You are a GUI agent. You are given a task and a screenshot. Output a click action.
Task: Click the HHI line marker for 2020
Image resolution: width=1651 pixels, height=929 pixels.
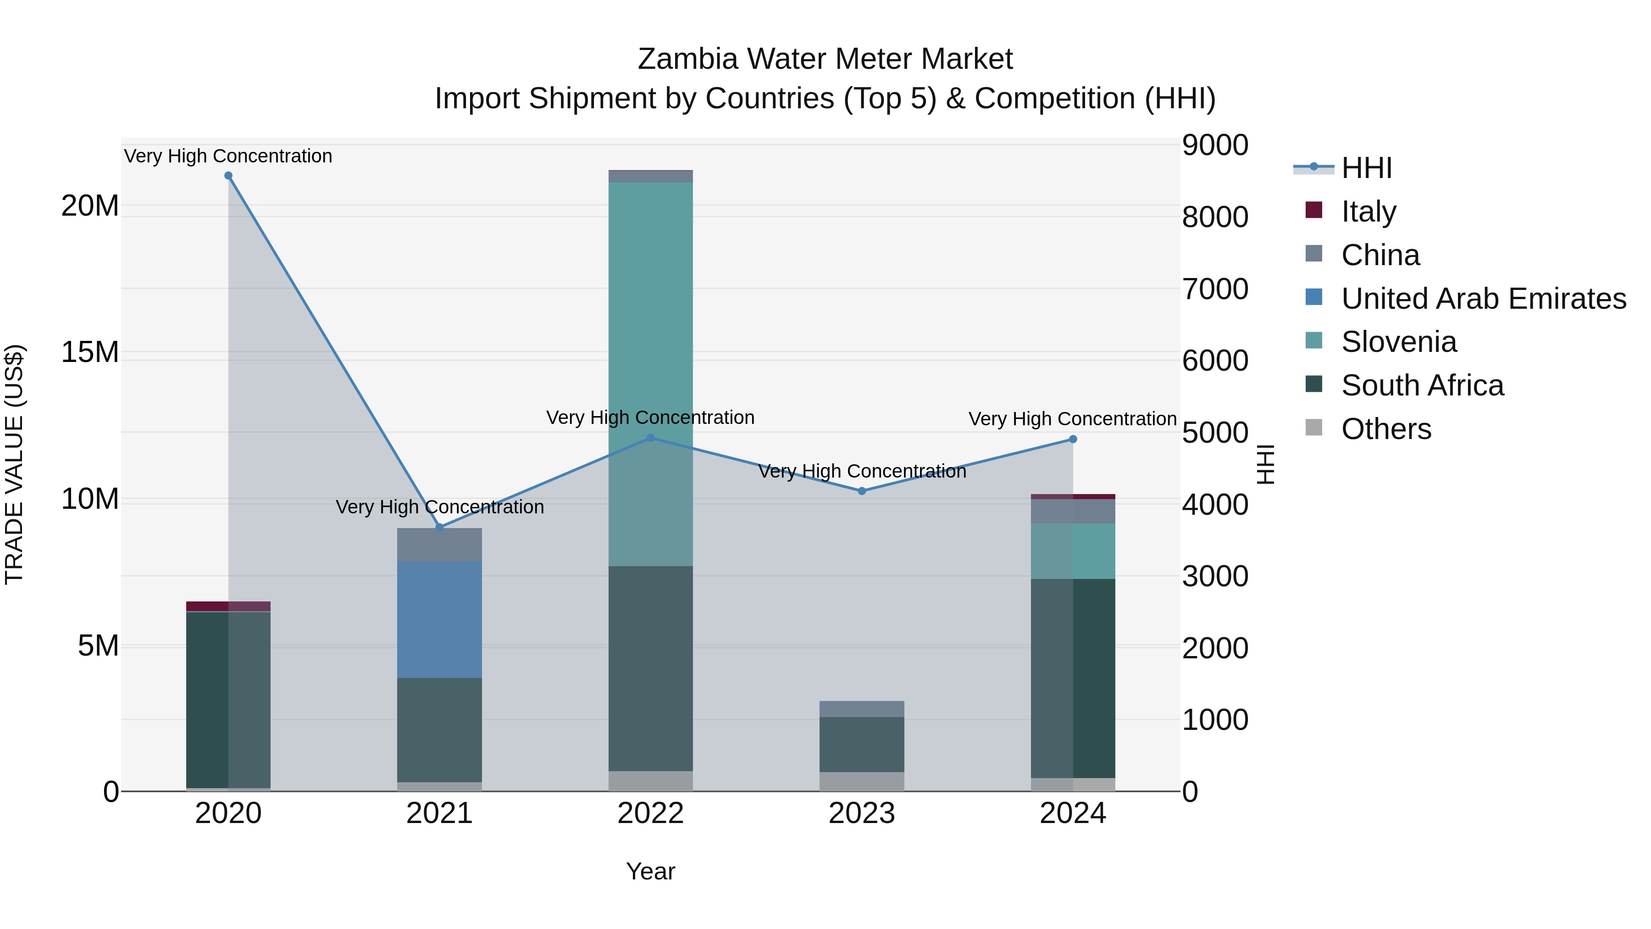tap(228, 176)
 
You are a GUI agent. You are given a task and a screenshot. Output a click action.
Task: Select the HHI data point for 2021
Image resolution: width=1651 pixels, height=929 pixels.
tap(440, 527)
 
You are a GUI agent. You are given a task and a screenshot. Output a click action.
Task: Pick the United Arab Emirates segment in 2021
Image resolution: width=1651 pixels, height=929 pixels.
tap(440, 619)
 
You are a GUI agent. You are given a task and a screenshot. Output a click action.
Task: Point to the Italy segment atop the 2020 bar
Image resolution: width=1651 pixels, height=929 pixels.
tap(228, 606)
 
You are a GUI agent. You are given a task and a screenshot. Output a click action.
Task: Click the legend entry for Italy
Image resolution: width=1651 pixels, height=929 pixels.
tap(1368, 211)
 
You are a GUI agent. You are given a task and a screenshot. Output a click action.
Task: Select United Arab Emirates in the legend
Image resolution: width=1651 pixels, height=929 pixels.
tap(1483, 299)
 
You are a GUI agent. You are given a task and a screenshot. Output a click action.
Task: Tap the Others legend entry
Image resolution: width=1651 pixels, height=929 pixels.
tap(1385, 429)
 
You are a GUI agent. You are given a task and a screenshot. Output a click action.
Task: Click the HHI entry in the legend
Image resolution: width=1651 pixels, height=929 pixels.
tap(1366, 168)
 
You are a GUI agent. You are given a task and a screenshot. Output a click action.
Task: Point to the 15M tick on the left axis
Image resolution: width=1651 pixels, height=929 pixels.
tap(90, 352)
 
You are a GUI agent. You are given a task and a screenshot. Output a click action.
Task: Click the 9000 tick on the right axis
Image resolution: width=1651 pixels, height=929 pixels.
tap(1214, 145)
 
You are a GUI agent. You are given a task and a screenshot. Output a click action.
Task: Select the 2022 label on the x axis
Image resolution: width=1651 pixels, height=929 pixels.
tap(650, 813)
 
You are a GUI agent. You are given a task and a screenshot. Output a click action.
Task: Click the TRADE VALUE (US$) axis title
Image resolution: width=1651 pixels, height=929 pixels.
tap(14, 464)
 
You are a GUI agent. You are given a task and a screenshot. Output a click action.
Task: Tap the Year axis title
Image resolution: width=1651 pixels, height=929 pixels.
tap(650, 871)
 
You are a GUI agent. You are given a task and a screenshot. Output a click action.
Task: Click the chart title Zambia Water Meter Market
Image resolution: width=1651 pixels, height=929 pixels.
tap(825, 59)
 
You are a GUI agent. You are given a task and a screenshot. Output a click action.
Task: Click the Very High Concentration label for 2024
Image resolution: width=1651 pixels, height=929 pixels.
tap(1072, 419)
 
